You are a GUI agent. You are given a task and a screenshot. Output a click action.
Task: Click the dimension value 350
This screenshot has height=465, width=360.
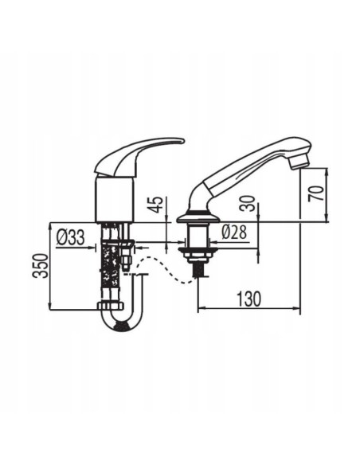click(41, 266)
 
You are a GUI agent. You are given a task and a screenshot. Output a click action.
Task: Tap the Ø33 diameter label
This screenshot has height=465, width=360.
click(71, 237)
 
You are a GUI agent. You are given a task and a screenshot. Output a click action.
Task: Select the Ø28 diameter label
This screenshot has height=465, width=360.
click(234, 232)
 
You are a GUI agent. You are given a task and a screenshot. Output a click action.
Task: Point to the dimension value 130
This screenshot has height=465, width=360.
click(249, 299)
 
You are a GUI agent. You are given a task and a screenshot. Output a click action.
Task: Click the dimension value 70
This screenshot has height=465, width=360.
click(315, 193)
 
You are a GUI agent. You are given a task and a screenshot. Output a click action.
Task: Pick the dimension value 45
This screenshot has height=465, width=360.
click(156, 205)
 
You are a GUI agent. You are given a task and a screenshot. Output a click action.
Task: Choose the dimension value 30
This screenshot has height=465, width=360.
click(248, 204)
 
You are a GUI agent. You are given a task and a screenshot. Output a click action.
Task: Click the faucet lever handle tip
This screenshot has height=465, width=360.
click(182, 141)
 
